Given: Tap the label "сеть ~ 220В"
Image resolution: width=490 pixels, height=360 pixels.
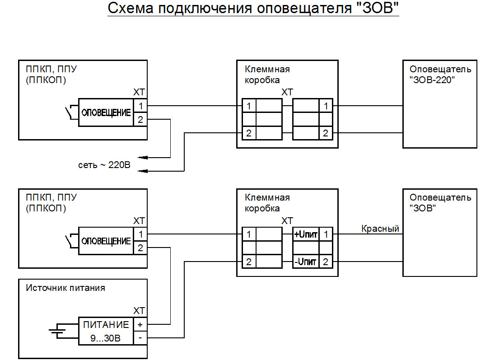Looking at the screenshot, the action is pyautogui.click(x=104, y=165).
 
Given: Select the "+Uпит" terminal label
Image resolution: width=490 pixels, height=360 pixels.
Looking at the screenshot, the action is pyautogui.click(x=306, y=234).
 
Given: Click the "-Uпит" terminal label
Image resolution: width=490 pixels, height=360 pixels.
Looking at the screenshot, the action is pyautogui.click(x=305, y=262).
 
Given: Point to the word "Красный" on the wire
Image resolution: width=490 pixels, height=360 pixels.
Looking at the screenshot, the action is pyautogui.click(x=380, y=229).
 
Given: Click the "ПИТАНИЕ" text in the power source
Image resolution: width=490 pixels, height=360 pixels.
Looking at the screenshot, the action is pyautogui.click(x=106, y=325).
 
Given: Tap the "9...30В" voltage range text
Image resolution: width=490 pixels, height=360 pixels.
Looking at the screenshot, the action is pyautogui.click(x=105, y=338).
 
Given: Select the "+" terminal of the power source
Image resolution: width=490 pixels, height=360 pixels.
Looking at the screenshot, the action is pyautogui.click(x=140, y=325).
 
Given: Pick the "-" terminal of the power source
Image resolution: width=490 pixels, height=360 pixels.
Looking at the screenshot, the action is pyautogui.click(x=140, y=338).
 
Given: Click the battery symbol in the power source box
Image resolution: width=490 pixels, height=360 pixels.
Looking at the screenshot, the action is pyautogui.click(x=57, y=332).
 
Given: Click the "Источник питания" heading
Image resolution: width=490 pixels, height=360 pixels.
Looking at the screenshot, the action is pyautogui.click(x=65, y=288).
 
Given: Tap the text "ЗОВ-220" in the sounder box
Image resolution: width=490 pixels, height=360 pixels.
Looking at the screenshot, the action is pyautogui.click(x=432, y=80).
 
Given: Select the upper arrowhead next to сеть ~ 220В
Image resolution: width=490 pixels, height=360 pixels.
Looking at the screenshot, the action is pyautogui.click(x=143, y=158).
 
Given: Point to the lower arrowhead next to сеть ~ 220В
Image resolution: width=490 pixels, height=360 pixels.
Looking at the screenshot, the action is pyautogui.click(x=143, y=171).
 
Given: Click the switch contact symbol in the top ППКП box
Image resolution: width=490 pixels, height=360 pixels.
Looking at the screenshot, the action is pyautogui.click(x=71, y=112).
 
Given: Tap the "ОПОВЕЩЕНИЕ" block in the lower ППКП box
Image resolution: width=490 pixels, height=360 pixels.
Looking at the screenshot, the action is pyautogui.click(x=106, y=241).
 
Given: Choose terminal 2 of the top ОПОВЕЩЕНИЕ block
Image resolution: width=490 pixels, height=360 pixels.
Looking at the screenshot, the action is pyautogui.click(x=140, y=119).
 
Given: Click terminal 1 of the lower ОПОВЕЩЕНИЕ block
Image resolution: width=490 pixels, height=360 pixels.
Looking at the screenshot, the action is pyautogui.click(x=140, y=234).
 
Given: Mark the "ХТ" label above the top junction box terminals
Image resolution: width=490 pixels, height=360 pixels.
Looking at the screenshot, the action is pyautogui.click(x=287, y=92).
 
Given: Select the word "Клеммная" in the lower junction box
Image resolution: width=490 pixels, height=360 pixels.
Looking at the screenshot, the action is pyautogui.click(x=267, y=197).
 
